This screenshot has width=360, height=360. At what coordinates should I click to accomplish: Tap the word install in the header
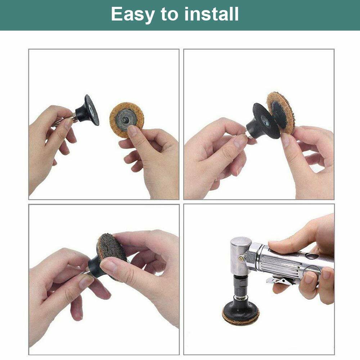[212, 14]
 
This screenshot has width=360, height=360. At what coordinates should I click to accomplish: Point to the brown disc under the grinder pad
[240, 319]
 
